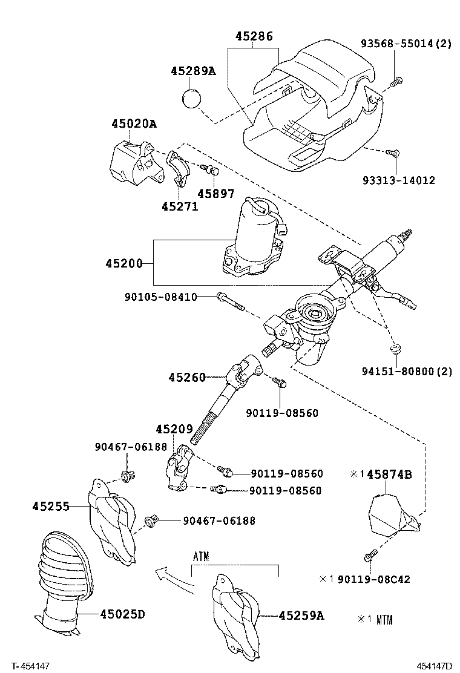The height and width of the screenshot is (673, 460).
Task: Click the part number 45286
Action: point(254,36)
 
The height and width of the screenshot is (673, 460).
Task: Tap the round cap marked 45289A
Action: point(192,98)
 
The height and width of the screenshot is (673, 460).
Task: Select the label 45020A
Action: point(133,124)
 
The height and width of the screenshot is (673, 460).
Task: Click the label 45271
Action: point(180,206)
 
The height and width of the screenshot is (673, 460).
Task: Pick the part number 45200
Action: point(123,263)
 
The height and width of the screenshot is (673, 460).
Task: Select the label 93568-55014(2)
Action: point(406,44)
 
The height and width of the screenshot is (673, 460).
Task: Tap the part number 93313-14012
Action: point(399,180)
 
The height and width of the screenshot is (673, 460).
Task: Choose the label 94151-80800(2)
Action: point(404,372)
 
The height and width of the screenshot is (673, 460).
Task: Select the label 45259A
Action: point(301,616)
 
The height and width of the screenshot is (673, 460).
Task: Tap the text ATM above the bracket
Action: point(201,557)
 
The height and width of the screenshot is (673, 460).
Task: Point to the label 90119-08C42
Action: point(373,579)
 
